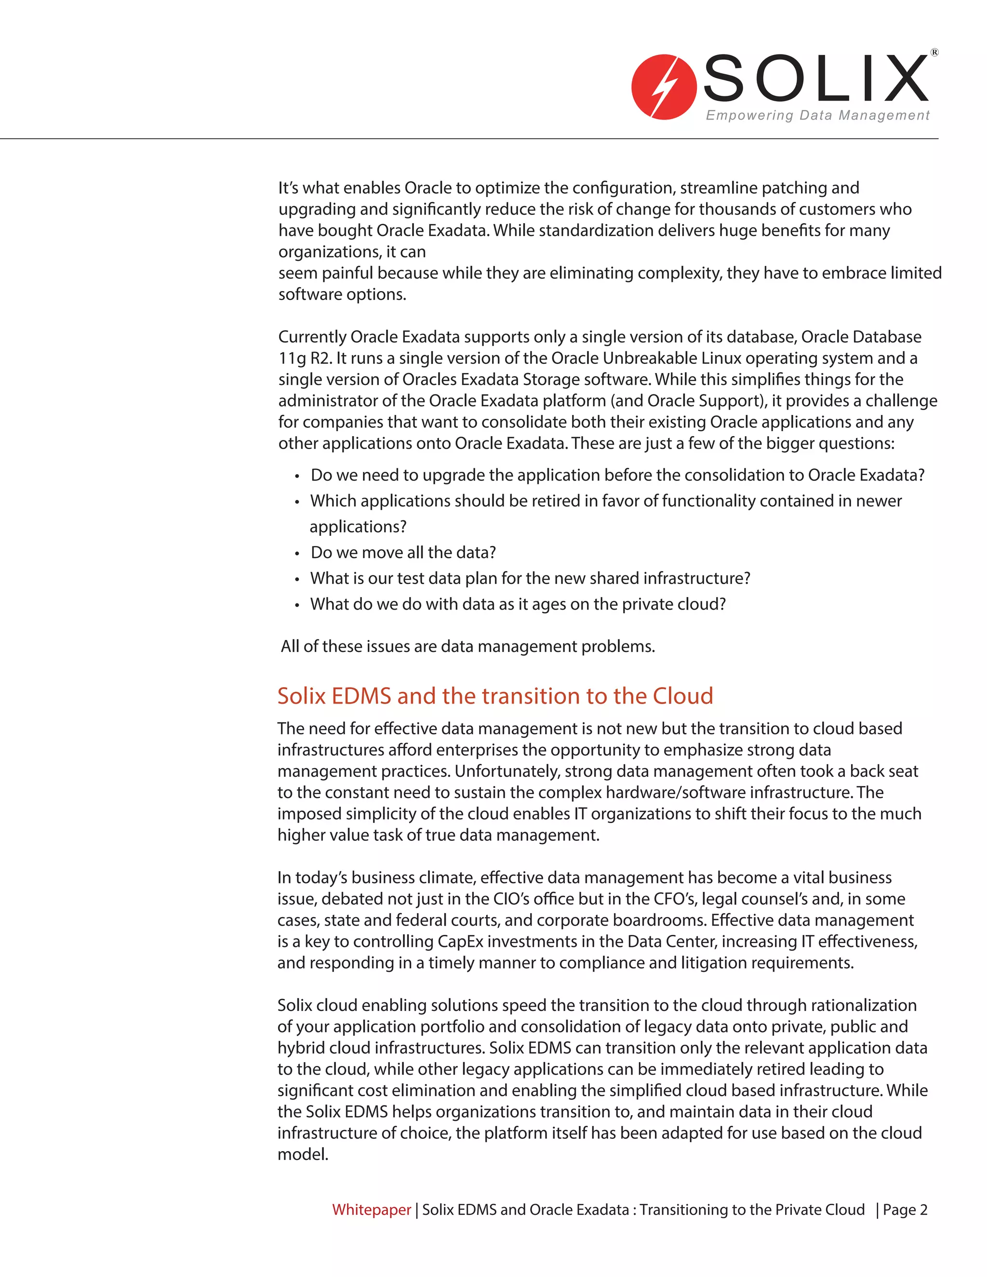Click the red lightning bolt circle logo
[x=664, y=87]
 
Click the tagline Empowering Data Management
[x=817, y=115]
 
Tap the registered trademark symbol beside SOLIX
[x=934, y=53]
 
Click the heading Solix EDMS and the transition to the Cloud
[x=494, y=696]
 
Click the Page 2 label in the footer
[x=905, y=1209]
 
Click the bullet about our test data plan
[x=530, y=578]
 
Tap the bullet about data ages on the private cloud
[x=518, y=603]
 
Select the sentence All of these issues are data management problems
[x=468, y=646]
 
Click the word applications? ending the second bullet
[x=358, y=526]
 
